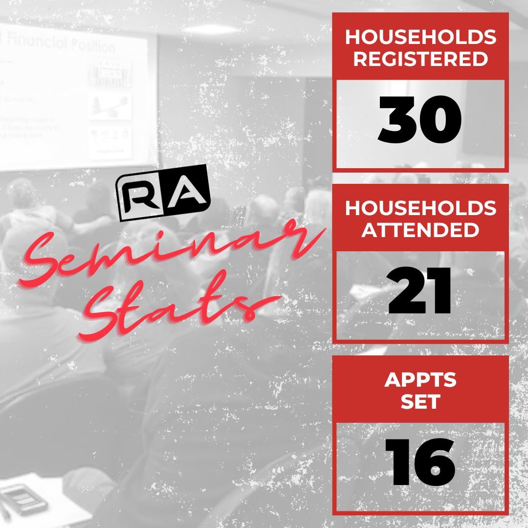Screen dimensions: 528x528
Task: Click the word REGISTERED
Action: click(420, 59)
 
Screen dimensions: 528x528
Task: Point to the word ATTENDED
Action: click(420, 230)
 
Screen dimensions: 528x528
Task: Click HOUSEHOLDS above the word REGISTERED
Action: click(420, 37)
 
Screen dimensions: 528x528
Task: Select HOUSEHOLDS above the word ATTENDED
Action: click(420, 208)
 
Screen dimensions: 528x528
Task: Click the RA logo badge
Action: click(163, 193)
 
